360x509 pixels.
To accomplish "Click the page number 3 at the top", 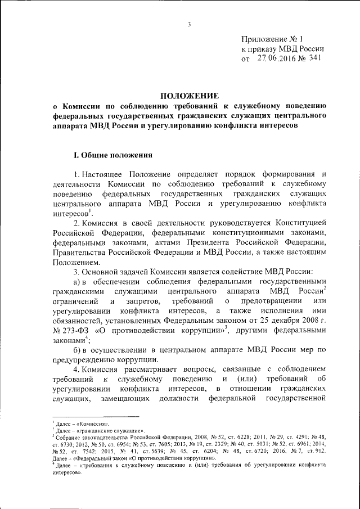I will [190, 24].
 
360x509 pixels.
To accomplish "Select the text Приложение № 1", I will [272, 39].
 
